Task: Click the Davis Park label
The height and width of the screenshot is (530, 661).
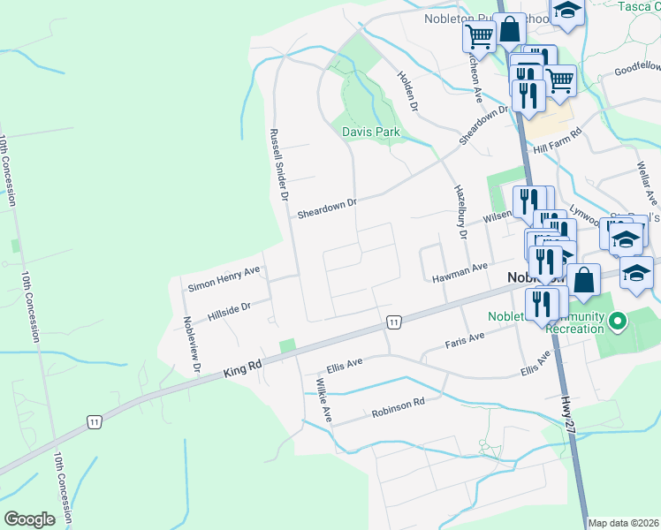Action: coord(371,132)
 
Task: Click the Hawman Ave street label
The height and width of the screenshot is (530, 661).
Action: coord(460,273)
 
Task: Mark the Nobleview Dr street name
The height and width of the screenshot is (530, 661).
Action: coord(192,344)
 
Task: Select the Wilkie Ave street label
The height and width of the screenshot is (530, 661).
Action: coord(323,399)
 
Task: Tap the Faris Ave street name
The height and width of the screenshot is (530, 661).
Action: coord(465,341)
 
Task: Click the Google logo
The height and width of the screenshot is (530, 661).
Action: coord(29,519)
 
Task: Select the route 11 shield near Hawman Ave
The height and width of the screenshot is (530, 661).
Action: coord(393,324)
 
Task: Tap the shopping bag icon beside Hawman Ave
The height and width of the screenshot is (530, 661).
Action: coord(583,280)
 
